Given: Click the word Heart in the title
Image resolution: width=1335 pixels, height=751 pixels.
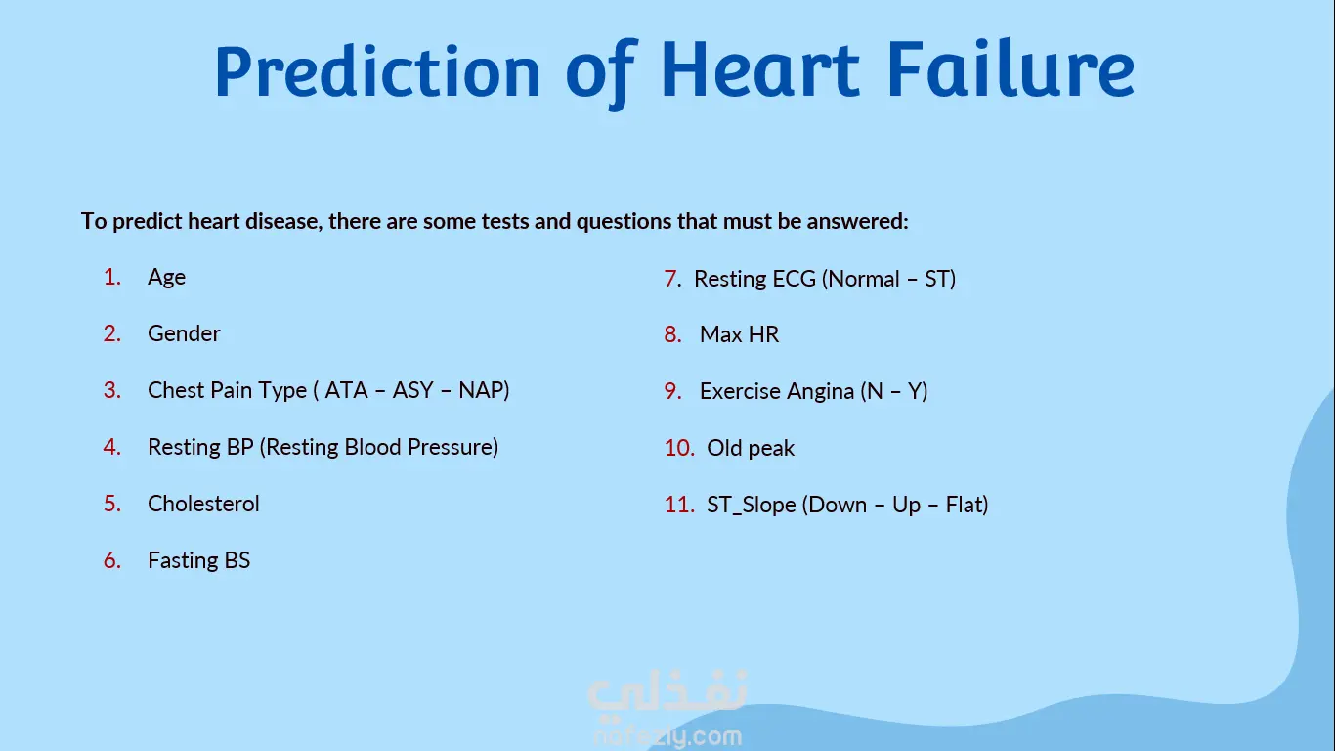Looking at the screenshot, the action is coord(760,69).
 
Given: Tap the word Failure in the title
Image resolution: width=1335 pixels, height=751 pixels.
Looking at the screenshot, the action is coord(1011,69).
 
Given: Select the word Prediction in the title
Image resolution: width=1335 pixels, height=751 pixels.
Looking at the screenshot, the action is coord(377,71).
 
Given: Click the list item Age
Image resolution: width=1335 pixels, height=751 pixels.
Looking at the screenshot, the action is coord(166,278).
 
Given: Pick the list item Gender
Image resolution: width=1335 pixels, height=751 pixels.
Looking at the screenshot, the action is coord(184,333).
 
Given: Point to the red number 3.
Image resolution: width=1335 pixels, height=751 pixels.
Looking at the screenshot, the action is coord(112,390).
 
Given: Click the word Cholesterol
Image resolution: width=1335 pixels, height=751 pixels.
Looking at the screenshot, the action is coord(203,504).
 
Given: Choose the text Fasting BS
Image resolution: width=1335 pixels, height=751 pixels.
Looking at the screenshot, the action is coord(199,560).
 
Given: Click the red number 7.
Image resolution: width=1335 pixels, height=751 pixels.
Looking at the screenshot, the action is coord(672,279).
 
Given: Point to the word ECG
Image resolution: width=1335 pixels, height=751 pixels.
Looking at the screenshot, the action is coord(794,279).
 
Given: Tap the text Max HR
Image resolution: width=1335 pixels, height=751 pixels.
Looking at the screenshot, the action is coord(739,334).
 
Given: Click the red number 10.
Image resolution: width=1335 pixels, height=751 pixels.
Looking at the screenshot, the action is coord(679,448).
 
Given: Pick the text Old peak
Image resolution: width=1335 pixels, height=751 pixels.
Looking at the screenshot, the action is coord(751,448).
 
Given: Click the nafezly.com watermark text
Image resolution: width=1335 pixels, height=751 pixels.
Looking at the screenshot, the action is coord(667,737).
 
